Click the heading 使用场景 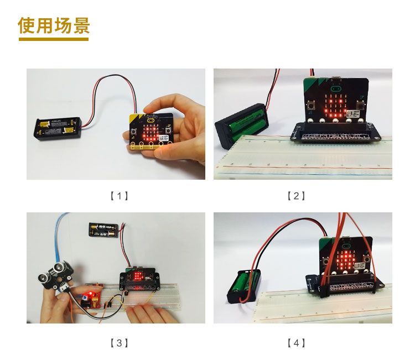(x=54, y=25)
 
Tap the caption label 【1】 (x=119, y=196)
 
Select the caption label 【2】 (x=296, y=196)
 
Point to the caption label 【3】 (x=119, y=343)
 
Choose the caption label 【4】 (x=296, y=343)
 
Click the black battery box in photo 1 (x=58, y=128)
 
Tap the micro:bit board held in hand (x=151, y=132)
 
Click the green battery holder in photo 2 (x=242, y=126)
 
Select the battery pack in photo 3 (x=104, y=229)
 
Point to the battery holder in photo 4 (x=244, y=286)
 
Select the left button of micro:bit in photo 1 (x=134, y=132)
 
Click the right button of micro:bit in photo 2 (x=360, y=105)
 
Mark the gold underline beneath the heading (x=54, y=39)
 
